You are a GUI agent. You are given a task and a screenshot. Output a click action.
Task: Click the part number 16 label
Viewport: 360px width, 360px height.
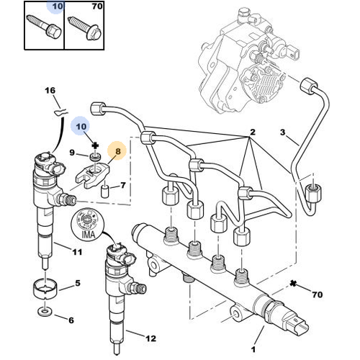[50, 90]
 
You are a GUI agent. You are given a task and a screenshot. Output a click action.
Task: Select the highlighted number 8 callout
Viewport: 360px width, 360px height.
[115, 152]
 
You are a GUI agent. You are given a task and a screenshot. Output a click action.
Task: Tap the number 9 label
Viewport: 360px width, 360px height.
[73, 153]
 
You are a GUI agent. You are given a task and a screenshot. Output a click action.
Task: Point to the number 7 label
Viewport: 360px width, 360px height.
[122, 186]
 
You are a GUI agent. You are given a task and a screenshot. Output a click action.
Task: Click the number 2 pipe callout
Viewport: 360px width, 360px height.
[253, 132]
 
